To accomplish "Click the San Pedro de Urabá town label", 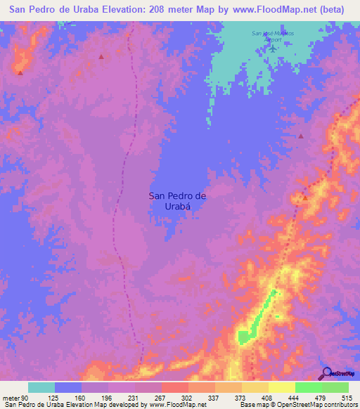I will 177,202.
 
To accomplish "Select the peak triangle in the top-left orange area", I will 20,72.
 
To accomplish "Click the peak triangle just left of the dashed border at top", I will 101,57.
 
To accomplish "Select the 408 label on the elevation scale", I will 267,397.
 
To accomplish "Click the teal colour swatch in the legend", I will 41,387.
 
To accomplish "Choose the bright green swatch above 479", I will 308,387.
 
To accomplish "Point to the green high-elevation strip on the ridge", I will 260,313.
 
